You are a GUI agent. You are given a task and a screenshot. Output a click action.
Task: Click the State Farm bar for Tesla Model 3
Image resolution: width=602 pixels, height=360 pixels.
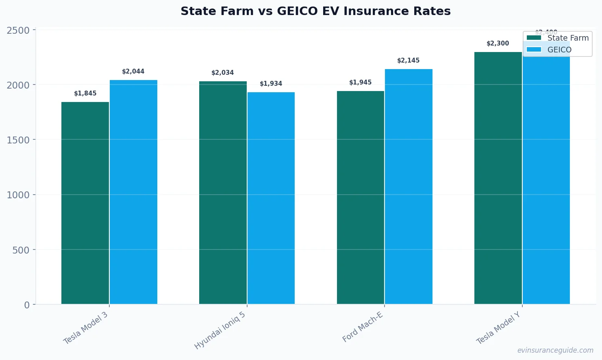(x=85, y=203)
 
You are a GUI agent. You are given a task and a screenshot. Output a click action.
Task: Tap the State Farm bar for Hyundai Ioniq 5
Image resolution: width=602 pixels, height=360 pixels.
(x=223, y=193)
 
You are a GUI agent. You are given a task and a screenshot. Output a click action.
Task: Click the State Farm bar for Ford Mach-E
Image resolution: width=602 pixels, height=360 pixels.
(x=361, y=197)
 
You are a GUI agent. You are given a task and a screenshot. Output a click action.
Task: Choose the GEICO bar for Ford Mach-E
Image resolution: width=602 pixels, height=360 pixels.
(x=409, y=187)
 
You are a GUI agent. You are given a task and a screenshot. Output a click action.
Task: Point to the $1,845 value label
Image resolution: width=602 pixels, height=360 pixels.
(x=85, y=93)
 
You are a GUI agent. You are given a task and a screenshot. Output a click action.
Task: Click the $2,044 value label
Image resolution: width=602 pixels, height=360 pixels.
(x=133, y=72)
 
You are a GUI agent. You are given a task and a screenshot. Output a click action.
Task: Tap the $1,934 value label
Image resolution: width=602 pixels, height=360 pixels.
(x=271, y=84)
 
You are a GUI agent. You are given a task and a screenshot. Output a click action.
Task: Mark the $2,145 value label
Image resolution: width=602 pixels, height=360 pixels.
(x=409, y=61)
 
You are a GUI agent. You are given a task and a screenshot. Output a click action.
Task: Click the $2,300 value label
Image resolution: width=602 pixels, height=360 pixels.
(x=498, y=43)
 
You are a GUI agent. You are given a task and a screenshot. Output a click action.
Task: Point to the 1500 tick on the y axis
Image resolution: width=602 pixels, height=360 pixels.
(x=18, y=140)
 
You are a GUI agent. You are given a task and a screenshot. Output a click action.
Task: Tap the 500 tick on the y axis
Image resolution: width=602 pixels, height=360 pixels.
(x=21, y=250)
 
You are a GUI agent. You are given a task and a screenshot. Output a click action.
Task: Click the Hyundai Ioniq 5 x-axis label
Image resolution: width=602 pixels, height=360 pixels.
(x=220, y=331)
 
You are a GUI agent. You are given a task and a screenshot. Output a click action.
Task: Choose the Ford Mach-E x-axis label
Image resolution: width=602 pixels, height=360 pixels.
(x=363, y=327)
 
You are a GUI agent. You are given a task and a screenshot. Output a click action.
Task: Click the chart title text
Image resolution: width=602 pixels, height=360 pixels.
(x=315, y=11)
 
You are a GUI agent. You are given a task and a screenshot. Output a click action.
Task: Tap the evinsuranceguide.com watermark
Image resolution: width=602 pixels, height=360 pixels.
(x=555, y=350)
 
